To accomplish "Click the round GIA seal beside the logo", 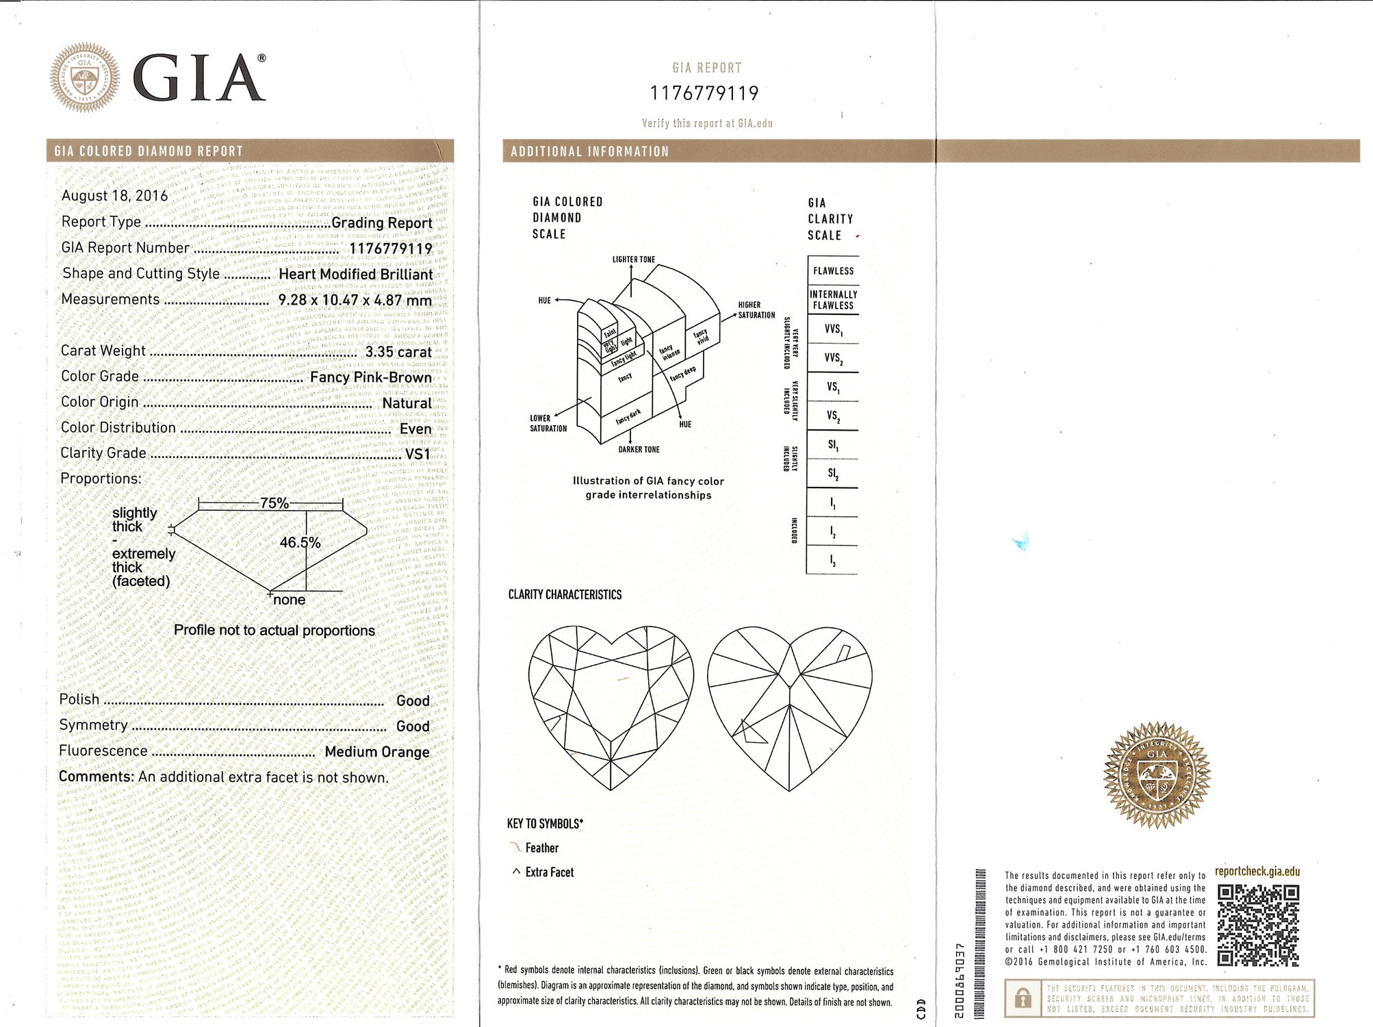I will coord(84,77).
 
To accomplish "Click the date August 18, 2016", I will coord(114,196).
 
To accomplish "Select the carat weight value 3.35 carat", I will coord(398,352).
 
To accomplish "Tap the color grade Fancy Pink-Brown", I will coord(370,377).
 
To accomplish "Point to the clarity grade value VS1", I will coord(418,454).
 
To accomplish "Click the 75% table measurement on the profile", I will coord(274,503).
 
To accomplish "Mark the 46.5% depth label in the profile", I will coord(300,542).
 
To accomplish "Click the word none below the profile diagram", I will coord(290,600).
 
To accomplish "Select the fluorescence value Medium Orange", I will coord(377,752).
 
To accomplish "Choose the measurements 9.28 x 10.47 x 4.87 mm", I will coord(355,300).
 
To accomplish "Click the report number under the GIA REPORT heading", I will coord(704,93).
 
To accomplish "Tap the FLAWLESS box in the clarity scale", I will coord(833,271).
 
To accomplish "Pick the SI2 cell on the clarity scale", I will coord(832,473).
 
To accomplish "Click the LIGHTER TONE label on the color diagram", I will coord(633,259).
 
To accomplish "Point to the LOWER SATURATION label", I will coord(548,423).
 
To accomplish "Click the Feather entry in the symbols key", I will coord(541,848).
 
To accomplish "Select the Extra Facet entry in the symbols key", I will coord(549,872).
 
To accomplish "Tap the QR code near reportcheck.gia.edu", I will coord(1258,924).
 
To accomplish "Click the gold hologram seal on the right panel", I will coord(1157,774).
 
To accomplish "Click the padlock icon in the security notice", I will coord(1023,998).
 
